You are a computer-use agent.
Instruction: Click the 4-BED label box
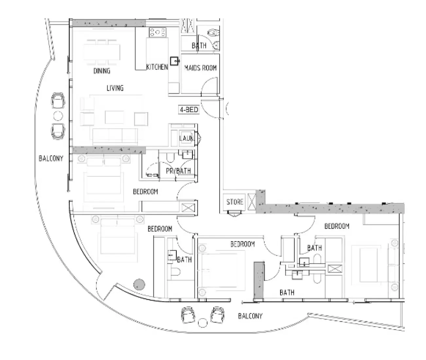pyautogui.click(x=189, y=110)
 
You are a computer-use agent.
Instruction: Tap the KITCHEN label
pyautogui.click(x=157, y=67)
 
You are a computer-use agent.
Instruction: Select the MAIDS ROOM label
pyautogui.click(x=200, y=68)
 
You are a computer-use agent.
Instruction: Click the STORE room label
pyautogui.click(x=235, y=202)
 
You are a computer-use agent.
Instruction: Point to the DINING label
pyautogui.click(x=102, y=71)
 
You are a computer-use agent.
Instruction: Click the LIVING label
pyautogui.click(x=115, y=88)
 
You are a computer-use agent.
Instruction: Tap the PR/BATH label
pyautogui.click(x=178, y=171)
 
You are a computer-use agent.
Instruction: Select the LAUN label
pyautogui.click(x=186, y=138)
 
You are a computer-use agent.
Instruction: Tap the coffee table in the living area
pyautogui.click(x=114, y=117)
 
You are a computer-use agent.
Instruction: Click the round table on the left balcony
pyautogui.click(x=58, y=115)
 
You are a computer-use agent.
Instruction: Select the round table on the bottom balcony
pyautogui.click(x=203, y=323)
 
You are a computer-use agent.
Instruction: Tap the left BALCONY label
pyautogui.click(x=51, y=158)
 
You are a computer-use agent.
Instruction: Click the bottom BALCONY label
pyautogui.click(x=250, y=316)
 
